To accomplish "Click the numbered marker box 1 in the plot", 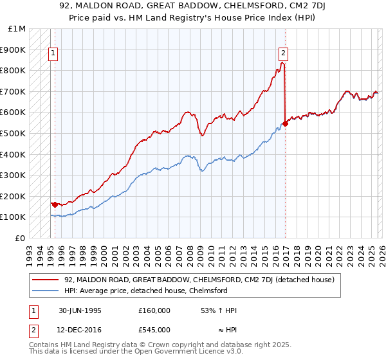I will (x=53, y=54).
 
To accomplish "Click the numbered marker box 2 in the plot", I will (x=283, y=54).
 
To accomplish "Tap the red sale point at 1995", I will (x=55, y=204).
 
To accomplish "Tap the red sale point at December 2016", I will (x=285, y=123).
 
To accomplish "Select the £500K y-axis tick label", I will (x=14, y=133).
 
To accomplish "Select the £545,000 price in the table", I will (x=154, y=330).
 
